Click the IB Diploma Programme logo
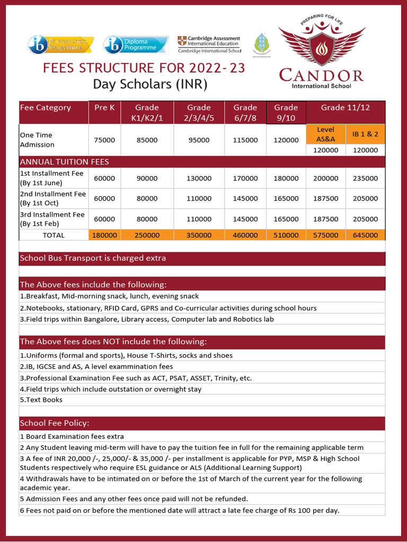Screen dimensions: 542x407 [130, 44]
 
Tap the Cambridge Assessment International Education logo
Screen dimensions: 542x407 [209, 44]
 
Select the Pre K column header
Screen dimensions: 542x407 [104, 107]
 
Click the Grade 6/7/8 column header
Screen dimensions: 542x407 [245, 112]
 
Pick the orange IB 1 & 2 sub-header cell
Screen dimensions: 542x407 [365, 134]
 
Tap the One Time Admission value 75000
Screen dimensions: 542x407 [104, 140]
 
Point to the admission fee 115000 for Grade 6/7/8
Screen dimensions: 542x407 [245, 140]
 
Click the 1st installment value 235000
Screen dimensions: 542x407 [365, 178]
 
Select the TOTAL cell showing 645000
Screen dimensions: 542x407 [365, 235]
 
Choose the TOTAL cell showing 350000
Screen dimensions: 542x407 [199, 235]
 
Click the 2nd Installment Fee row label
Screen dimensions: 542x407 [52, 198]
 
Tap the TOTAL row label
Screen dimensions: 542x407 [54, 235]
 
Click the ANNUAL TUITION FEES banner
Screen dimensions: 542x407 [64, 161]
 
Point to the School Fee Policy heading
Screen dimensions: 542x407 [55, 423]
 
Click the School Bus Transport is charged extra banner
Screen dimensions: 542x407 [93, 258]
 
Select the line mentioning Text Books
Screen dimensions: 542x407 [41, 400]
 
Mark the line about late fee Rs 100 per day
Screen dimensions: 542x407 [180, 510]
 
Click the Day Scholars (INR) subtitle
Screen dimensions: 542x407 [150, 84]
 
